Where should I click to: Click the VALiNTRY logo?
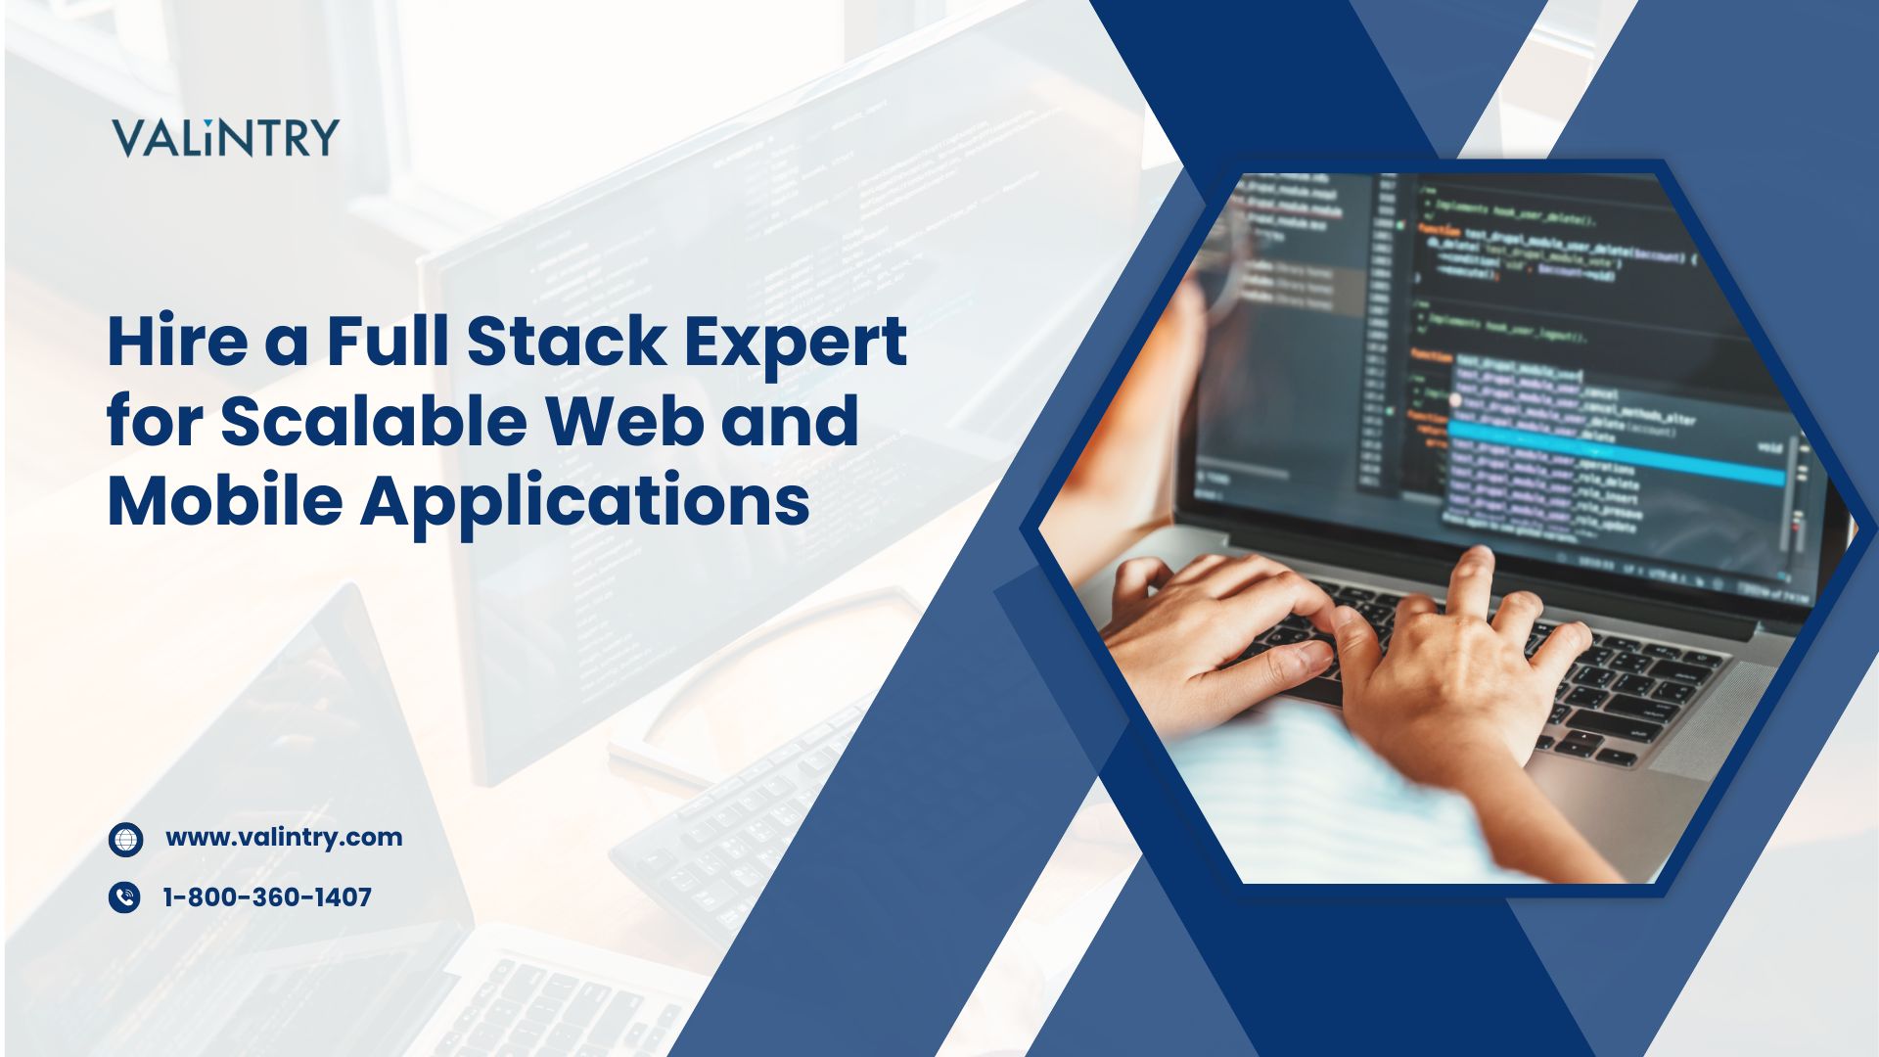click(225, 138)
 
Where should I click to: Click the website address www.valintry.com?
click(284, 838)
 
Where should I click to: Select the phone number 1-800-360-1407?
click(267, 897)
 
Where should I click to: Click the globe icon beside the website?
click(125, 840)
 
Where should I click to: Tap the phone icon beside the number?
click(124, 897)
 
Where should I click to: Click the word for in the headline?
click(156, 421)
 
